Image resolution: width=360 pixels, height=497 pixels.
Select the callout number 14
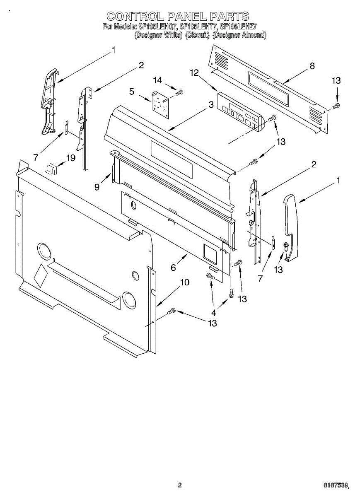tap(158, 80)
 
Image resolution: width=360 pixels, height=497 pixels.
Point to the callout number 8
tap(312, 66)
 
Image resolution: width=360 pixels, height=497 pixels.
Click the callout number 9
tap(97, 187)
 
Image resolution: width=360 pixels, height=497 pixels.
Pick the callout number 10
tap(184, 282)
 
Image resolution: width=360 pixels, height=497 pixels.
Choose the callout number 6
tap(173, 268)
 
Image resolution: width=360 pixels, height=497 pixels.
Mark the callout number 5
tap(132, 92)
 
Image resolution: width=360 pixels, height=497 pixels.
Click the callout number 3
tap(211, 105)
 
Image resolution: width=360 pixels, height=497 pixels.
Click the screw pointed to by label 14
tap(179, 92)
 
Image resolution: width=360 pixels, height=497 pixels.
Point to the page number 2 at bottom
tap(180, 485)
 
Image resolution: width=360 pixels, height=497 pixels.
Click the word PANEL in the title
tap(186, 17)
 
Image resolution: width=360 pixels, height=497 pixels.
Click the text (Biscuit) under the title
tap(197, 35)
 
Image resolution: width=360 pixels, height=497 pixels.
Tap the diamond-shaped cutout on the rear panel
tap(41, 274)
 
